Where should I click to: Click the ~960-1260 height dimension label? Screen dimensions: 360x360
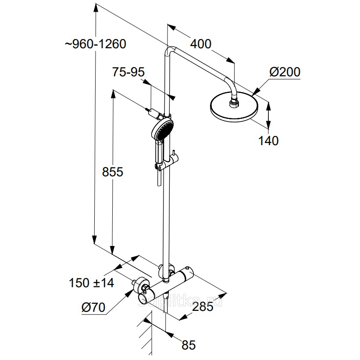(95, 44)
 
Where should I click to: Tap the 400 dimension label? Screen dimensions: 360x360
(200, 43)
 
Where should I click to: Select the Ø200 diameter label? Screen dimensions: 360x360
(285, 71)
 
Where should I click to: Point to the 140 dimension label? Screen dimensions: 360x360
(268, 141)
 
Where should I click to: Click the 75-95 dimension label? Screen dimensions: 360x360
(128, 72)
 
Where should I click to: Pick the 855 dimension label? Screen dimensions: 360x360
(112, 172)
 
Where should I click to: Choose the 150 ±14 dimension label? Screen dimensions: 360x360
(91, 283)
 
